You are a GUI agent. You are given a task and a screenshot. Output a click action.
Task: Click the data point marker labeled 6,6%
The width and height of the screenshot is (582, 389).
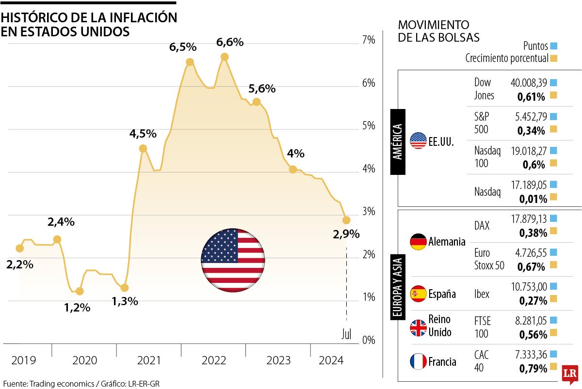point(225,57)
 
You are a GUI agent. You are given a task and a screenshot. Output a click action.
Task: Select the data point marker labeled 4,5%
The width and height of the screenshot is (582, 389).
point(143,148)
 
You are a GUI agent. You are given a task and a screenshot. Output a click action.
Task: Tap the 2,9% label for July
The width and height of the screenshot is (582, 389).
point(346,234)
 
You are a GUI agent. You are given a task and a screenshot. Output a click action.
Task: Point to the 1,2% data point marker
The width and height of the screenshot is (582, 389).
point(80,291)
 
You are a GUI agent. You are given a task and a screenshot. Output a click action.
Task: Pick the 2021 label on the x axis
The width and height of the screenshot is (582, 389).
point(149,360)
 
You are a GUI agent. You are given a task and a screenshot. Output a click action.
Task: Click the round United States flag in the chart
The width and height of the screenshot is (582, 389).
point(233,260)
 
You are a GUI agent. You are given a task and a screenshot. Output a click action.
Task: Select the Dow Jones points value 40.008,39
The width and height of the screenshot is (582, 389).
point(528,83)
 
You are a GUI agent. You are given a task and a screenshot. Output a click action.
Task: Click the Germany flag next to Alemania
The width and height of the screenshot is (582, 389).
point(418,241)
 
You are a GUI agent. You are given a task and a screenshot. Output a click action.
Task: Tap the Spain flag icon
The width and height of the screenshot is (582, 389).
point(418,294)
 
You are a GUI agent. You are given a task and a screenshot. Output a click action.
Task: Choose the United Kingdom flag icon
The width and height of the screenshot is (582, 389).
point(418,327)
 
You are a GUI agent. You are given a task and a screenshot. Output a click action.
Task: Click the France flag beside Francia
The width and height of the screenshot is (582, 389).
point(418,361)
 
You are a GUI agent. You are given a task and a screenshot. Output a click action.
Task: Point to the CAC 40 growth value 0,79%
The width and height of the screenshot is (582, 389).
point(533,369)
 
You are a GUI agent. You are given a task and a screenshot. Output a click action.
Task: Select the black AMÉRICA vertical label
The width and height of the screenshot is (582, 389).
point(397,141)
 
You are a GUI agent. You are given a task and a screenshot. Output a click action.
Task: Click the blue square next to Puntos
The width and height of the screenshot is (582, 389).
point(554,47)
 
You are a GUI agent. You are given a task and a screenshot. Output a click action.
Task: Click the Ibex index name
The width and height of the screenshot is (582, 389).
point(482,294)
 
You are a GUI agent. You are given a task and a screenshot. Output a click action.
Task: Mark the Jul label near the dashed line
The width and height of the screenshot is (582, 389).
point(346,334)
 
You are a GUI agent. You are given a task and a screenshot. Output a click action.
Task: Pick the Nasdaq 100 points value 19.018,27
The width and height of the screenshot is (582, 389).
point(528,151)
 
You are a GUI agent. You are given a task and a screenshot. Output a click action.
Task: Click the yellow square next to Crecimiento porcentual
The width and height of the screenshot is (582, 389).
point(554,59)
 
